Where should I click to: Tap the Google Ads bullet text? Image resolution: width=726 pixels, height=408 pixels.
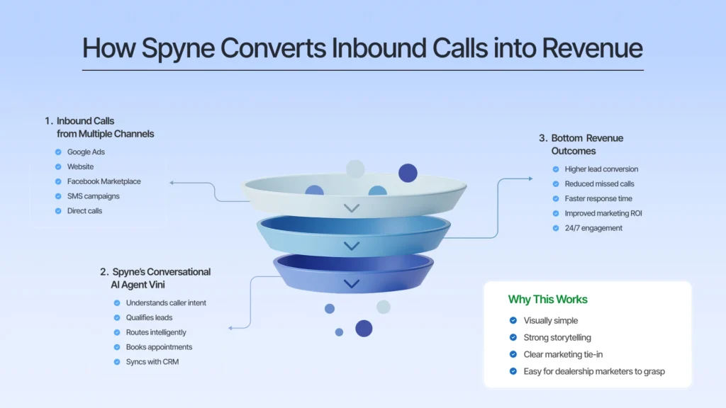click(86, 152)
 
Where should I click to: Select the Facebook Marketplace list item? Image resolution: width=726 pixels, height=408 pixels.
click(104, 181)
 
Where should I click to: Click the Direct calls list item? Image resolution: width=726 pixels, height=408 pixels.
click(84, 210)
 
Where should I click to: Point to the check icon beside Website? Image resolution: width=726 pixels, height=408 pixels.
click(58, 166)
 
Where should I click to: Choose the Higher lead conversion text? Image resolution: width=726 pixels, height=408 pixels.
click(601, 169)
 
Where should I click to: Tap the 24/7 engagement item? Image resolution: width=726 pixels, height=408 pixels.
click(593, 228)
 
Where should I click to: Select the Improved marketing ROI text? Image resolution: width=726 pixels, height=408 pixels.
click(603, 213)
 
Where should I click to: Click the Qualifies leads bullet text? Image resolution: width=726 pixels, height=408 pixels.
click(149, 317)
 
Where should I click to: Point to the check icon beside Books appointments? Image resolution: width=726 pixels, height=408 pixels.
click(117, 347)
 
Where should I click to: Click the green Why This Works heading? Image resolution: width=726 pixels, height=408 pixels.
click(547, 300)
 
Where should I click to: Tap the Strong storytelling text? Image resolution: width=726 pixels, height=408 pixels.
click(557, 337)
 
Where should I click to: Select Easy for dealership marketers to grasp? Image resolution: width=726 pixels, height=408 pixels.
click(594, 371)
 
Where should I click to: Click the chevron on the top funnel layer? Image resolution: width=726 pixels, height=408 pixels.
click(352, 208)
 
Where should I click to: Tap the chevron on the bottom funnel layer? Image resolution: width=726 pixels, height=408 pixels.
click(352, 284)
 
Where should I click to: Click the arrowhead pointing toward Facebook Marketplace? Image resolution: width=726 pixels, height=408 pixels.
click(172, 183)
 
